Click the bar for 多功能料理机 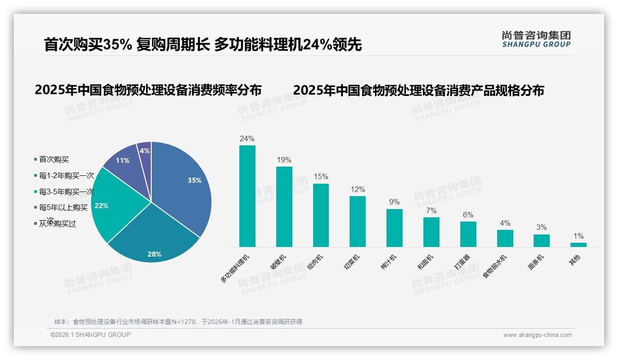pos(247,196)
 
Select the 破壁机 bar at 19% pos(284,207)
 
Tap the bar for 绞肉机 pos(321,215)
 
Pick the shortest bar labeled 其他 pos(578,245)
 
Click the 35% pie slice pos(182,185)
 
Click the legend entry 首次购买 pos(53,159)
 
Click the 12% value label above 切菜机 pos(357,190)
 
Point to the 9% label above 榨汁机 pos(394,202)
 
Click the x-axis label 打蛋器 pos(463,262)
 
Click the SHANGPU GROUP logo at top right pos(536,39)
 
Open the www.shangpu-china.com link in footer pos(537,335)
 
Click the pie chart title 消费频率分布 pos(148,90)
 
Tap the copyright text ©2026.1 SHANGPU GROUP pos(90,335)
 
